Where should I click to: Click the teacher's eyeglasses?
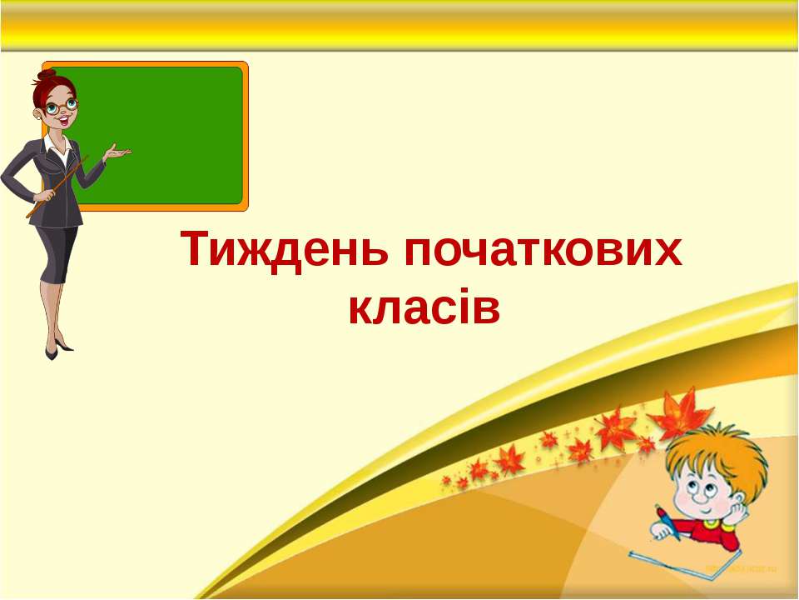[x=62, y=106]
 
